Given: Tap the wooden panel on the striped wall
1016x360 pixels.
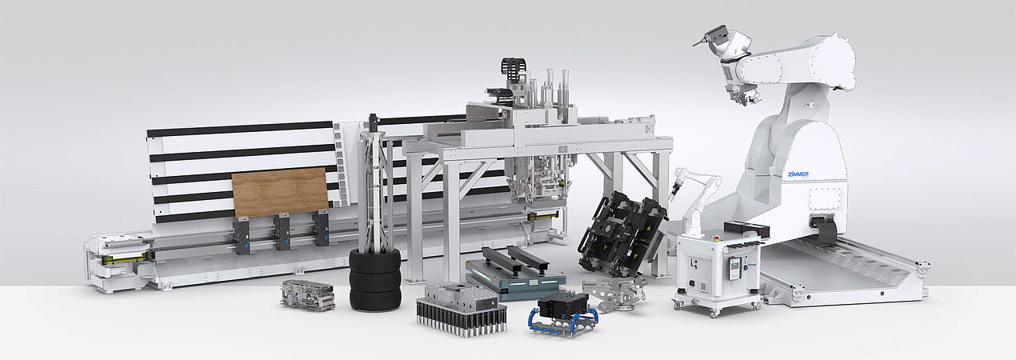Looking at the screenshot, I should click(280, 192).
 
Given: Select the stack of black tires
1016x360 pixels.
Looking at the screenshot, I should click(375, 279).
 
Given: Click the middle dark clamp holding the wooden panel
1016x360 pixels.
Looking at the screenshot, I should click(281, 232).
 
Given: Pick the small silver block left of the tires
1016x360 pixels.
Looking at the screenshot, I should click(307, 295).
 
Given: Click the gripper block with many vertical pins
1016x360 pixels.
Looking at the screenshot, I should click(462, 308).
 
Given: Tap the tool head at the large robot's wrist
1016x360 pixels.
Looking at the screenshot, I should click(714, 38).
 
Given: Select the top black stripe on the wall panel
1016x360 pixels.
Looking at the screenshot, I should click(240, 129).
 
